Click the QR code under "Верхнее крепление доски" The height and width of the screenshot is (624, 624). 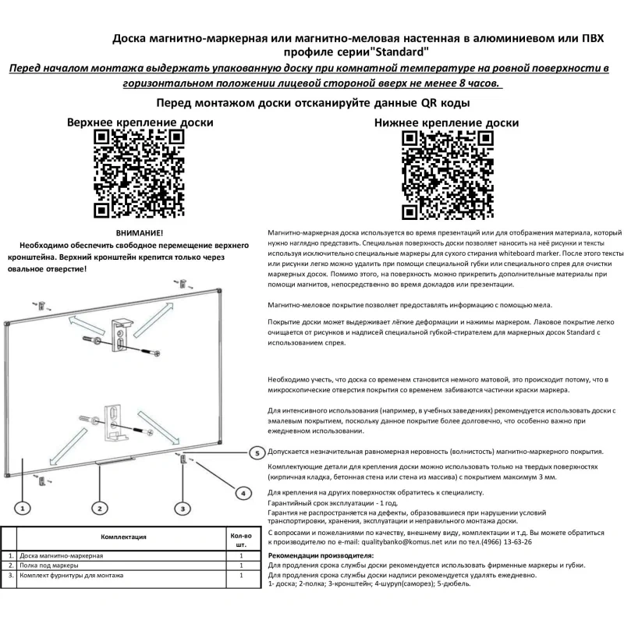140,174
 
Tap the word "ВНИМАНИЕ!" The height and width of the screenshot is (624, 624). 140,233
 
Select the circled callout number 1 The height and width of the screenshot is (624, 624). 23,508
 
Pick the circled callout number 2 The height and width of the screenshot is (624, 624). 100,508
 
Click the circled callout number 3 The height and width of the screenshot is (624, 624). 183,508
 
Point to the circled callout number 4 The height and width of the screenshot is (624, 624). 243,492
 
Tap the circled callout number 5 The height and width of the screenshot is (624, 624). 255,452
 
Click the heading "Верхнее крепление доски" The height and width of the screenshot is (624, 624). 140,122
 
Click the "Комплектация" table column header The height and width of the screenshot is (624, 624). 125,537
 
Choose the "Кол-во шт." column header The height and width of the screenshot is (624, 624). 242,540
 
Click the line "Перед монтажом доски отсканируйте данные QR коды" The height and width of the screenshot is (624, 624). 312,102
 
